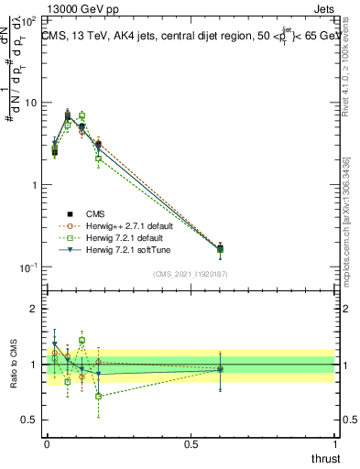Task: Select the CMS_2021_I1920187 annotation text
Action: pos(190,273)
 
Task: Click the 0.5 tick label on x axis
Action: pos(191,443)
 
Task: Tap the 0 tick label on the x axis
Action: pos(48,443)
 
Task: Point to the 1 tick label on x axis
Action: pos(333,443)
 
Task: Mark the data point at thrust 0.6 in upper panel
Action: pos(219,248)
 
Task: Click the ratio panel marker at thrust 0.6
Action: pos(219,369)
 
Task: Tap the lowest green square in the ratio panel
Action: pos(98,396)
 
